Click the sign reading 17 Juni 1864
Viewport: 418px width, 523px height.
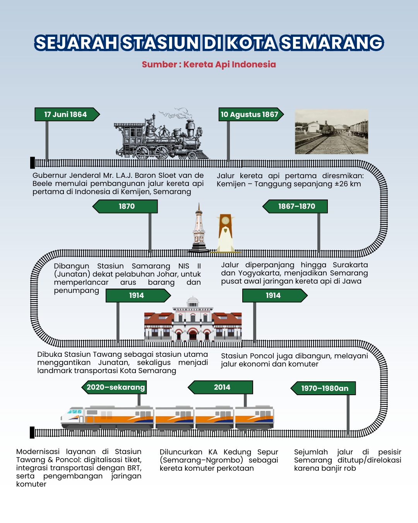coord(67,114)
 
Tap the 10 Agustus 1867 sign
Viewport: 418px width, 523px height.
coord(251,114)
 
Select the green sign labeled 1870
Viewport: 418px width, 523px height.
coord(125,206)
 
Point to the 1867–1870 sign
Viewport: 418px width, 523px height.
coord(295,206)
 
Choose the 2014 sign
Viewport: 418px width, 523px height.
coord(220,387)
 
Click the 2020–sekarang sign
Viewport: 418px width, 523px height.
coord(114,387)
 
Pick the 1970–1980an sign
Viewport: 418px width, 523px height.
coord(323,388)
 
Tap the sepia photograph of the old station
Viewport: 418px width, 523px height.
coord(331,131)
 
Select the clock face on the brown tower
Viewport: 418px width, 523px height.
coord(225,220)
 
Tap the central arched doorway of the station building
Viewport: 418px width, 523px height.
coord(193,335)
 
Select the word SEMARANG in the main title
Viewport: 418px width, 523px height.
coord(332,43)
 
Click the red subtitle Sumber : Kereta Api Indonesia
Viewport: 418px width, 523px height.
coord(209,64)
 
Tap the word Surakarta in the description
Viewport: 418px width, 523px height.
coord(350,265)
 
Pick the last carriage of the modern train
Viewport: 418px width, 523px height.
coord(255,418)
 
